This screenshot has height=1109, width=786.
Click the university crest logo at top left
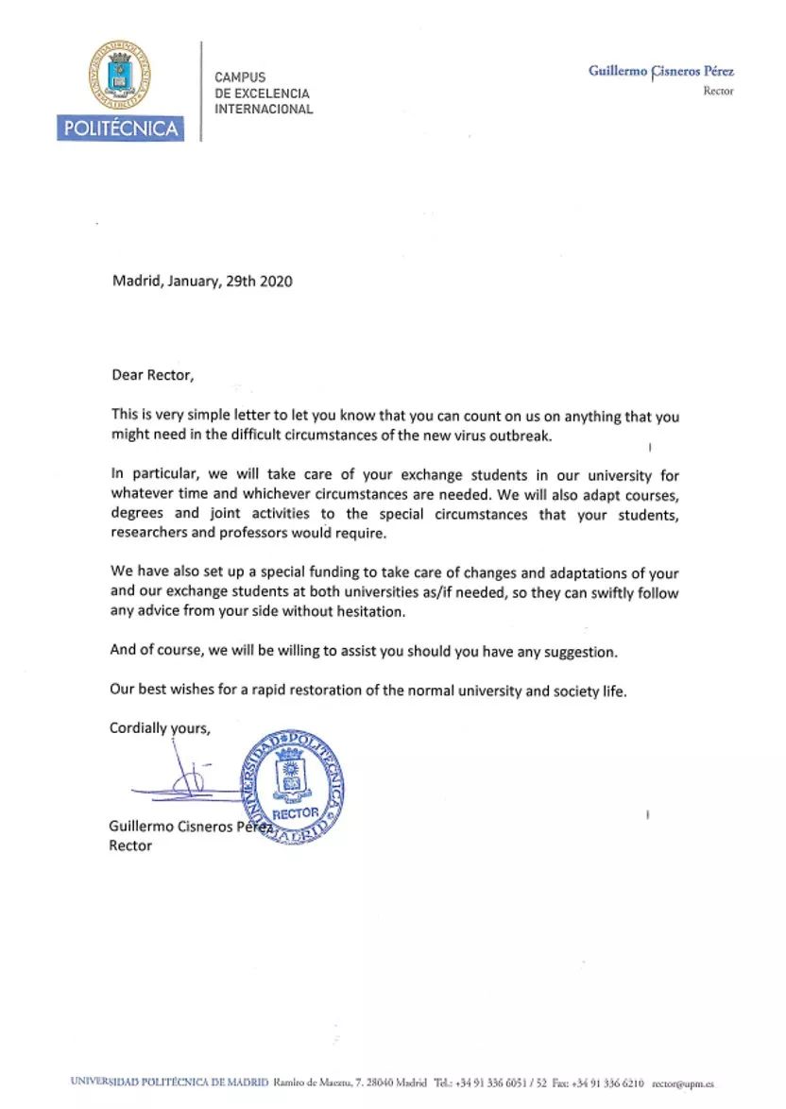click(x=120, y=76)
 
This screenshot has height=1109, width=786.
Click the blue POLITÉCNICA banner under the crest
click(x=120, y=128)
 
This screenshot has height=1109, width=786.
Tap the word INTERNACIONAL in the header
click(x=264, y=110)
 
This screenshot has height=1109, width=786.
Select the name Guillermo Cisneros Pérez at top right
click(x=660, y=71)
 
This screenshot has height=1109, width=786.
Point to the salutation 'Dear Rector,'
click(x=152, y=375)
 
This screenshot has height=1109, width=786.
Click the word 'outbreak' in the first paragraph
click(x=519, y=435)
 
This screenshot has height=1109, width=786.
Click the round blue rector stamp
click(x=293, y=786)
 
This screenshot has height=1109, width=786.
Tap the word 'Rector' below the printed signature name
click(x=130, y=845)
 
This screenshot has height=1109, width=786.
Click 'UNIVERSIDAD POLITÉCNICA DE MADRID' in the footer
click(x=169, y=1083)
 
